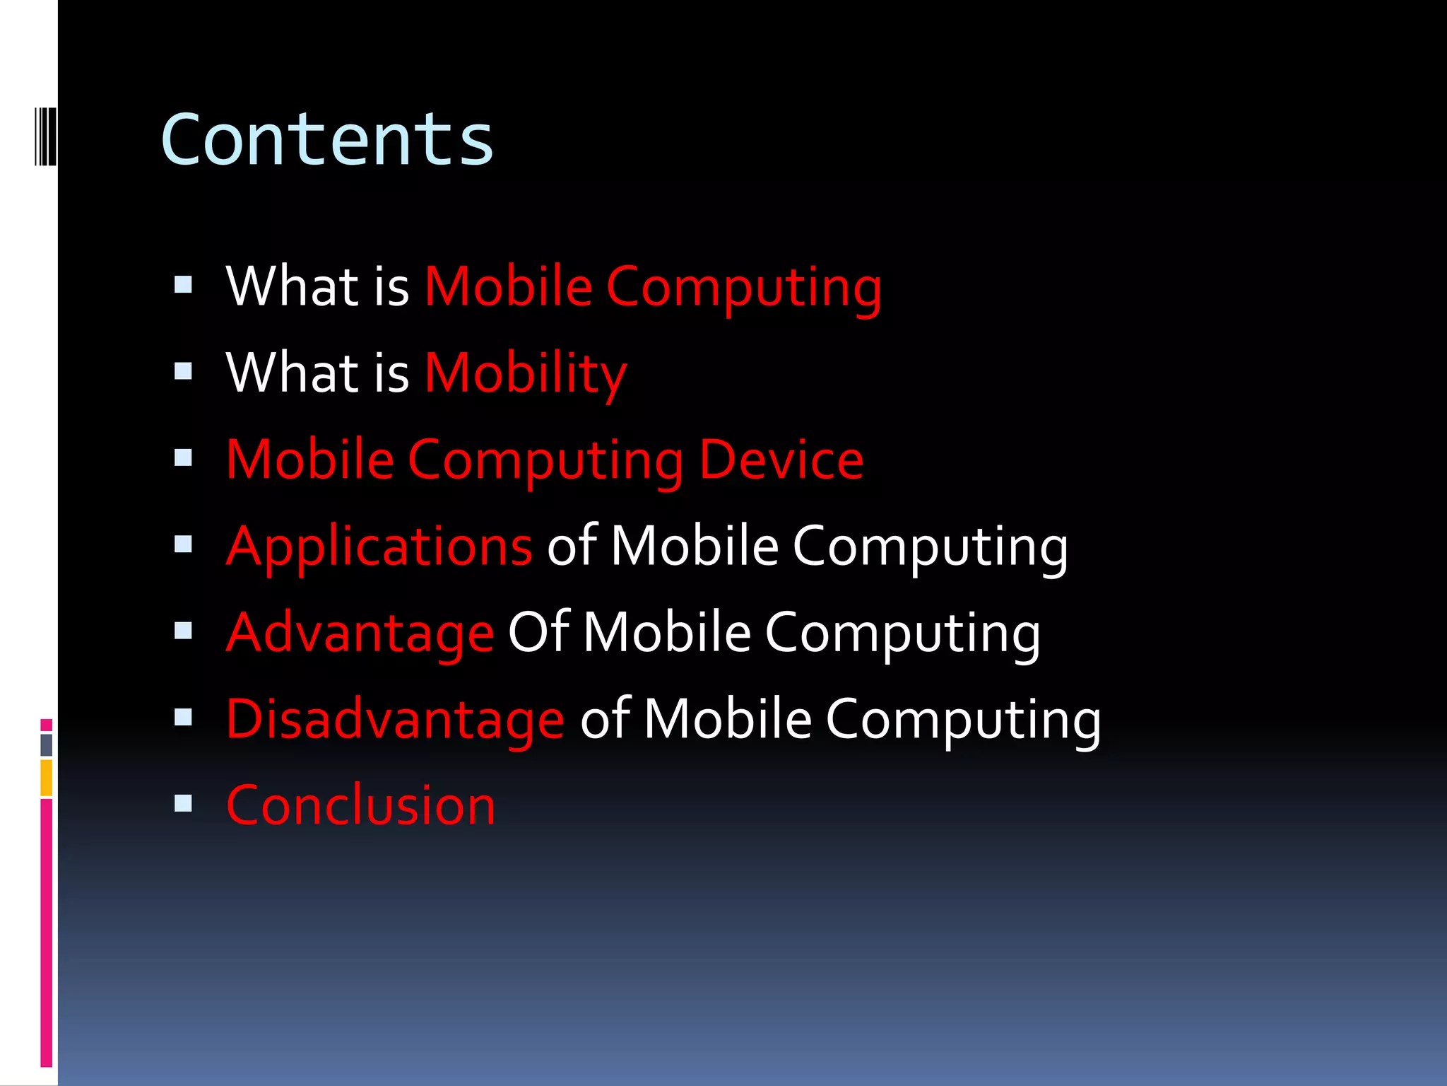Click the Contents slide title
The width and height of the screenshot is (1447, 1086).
tap(326, 140)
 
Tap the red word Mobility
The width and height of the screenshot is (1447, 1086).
tap(526, 373)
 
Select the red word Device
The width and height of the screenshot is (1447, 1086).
tap(781, 460)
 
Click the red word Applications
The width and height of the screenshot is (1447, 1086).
tap(379, 547)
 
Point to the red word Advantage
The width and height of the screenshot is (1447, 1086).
tap(360, 633)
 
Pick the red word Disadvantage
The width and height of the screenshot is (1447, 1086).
tap(395, 719)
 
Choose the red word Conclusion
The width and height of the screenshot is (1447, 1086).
tap(360, 805)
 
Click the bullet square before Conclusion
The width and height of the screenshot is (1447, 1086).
tap(183, 803)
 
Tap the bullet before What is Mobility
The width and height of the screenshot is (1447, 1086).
tap(183, 371)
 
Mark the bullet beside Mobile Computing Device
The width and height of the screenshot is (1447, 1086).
tap(183, 458)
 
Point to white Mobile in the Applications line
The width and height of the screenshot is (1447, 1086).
tap(694, 547)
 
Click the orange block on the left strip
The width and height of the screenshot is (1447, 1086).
tap(47, 778)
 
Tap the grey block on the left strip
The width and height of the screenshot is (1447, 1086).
tap(47, 745)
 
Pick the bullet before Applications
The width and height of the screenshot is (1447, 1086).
tap(183, 544)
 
